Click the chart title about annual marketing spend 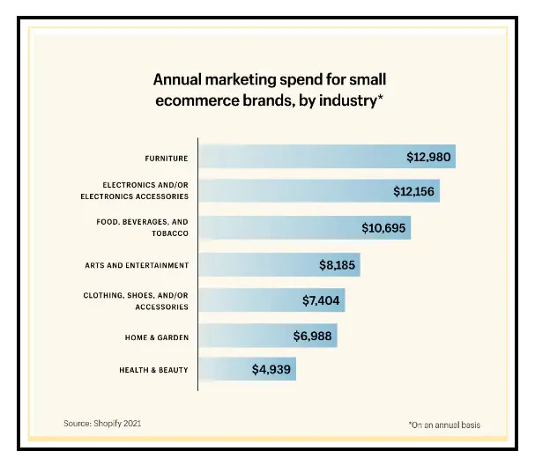pos(267,89)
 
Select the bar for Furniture pos(326,158)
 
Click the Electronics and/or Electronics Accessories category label pos(145,190)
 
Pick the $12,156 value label pos(415,191)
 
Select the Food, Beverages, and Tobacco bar pos(304,227)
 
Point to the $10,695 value pos(384,227)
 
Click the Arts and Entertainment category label pos(137,264)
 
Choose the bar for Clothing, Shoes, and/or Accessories pos(271,300)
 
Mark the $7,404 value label pos(320,300)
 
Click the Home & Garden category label pos(155,337)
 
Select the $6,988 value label pos(314,337)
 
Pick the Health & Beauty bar pos(247,370)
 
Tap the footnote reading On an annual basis pos(445,425)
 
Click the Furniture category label pos(167,159)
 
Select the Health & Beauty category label pos(153,370)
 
